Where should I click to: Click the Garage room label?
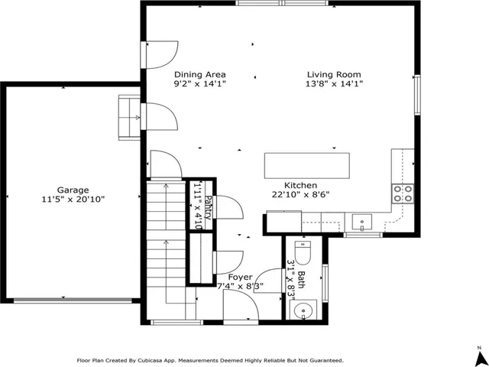pos(73,190)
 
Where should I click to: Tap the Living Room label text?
pos(335,74)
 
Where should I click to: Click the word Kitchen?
pos(301,185)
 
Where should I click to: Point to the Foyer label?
pos(240,277)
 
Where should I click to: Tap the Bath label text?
pos(301,279)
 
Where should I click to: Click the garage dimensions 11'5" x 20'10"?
pos(73,200)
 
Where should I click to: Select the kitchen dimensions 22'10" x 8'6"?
pos(301,195)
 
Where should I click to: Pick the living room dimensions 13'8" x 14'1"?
pos(335,84)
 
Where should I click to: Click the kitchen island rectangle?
pos(307,165)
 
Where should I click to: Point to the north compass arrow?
pos(478,356)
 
